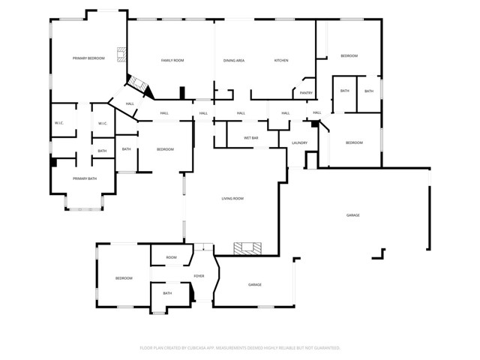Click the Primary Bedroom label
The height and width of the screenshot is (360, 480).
click(x=88, y=58)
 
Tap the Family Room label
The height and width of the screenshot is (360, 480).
click(x=172, y=60)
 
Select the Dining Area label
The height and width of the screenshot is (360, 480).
click(x=234, y=61)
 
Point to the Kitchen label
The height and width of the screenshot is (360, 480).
click(x=281, y=60)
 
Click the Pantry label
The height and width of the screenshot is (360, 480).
click(x=306, y=93)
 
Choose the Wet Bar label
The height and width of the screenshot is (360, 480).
click(x=251, y=138)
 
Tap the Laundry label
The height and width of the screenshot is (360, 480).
click(x=300, y=143)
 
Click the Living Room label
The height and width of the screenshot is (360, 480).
click(x=232, y=199)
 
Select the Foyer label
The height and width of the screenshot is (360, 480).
click(x=199, y=276)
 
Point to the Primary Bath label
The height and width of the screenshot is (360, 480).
click(x=85, y=178)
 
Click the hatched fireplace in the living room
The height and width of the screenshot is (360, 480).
click(x=247, y=248)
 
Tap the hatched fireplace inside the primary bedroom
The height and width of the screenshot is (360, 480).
click(x=121, y=55)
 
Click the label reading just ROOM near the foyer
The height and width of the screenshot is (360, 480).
click(x=172, y=257)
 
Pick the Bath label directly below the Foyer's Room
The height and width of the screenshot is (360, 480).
click(x=167, y=293)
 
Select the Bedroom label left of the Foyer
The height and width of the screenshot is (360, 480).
click(x=124, y=278)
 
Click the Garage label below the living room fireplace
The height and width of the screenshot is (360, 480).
click(x=255, y=285)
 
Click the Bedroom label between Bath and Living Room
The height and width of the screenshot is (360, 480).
click(x=165, y=149)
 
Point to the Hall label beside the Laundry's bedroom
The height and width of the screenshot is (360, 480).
click(x=317, y=112)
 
